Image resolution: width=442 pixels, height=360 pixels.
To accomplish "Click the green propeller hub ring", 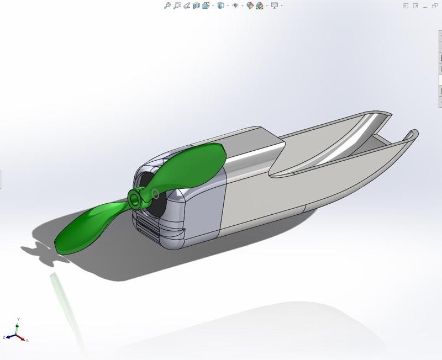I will click(x=135, y=198).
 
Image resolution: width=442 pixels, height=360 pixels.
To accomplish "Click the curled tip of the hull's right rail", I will click(x=412, y=134).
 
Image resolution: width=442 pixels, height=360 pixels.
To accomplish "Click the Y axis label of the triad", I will click(x=19, y=319).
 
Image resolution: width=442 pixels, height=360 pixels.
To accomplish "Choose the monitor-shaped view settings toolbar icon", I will click(x=274, y=6).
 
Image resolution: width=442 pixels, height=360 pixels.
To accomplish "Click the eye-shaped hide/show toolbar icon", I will click(x=235, y=6).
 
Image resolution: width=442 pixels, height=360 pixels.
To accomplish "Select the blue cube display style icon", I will click(x=220, y=6).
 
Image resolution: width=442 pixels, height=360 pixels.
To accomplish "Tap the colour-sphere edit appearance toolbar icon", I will click(x=250, y=6).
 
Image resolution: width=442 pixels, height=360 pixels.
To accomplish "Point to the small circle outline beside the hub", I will click(x=155, y=194).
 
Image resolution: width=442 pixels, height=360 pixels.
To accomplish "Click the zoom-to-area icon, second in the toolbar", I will click(x=177, y=6).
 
